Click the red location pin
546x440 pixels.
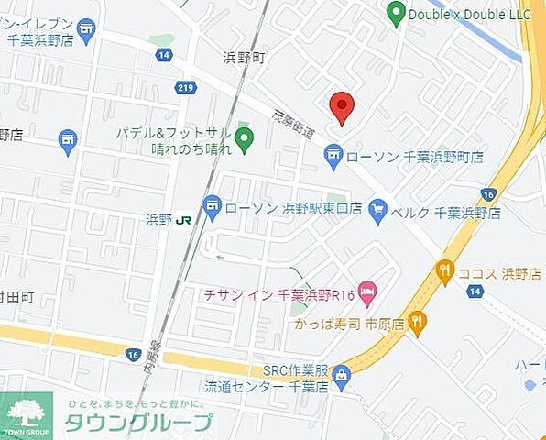pyautogui.click(x=342, y=106)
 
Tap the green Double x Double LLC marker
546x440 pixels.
pyautogui.click(x=396, y=13)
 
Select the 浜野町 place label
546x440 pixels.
pyautogui.click(x=244, y=58)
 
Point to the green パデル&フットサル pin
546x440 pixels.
pyautogui.click(x=244, y=140)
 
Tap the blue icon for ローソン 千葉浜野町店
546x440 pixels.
pyautogui.click(x=333, y=159)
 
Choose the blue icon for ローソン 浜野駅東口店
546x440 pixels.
pyautogui.click(x=213, y=207)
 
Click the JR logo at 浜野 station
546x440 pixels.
pyautogui.click(x=183, y=220)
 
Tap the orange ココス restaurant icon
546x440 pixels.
pyautogui.click(x=445, y=271)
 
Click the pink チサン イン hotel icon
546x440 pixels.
pyautogui.click(x=366, y=293)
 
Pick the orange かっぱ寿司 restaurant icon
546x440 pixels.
pyautogui.click(x=418, y=321)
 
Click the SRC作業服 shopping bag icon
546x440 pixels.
pyautogui.click(x=342, y=373)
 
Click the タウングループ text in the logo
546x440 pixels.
pyautogui.click(x=137, y=422)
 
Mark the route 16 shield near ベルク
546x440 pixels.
pyautogui.click(x=487, y=194)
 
